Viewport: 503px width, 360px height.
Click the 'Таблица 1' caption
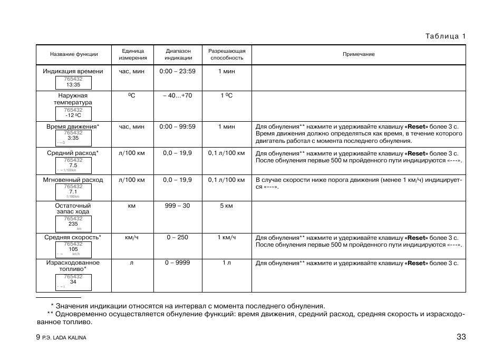[446, 36]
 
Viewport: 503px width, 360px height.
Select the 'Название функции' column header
[74, 54]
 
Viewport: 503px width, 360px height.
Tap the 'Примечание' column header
[359, 54]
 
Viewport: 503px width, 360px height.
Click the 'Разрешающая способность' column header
[227, 54]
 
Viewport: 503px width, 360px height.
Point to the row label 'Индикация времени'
[73, 71]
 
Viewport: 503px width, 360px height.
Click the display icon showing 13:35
[73, 83]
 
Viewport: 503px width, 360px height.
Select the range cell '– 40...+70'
[177, 96]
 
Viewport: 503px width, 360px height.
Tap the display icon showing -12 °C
[73, 113]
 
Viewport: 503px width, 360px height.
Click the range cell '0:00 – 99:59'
[177, 127]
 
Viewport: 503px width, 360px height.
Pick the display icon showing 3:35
[73, 138]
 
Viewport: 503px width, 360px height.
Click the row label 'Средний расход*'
[73, 153]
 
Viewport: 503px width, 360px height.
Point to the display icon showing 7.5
[73, 166]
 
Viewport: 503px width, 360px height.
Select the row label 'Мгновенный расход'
[73, 180]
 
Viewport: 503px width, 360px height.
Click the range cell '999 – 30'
[177, 206]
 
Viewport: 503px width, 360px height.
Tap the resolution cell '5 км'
[226, 206]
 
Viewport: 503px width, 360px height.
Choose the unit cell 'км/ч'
[132, 237]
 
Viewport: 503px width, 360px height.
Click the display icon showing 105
[73, 249]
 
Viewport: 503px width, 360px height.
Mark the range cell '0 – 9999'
[177, 262]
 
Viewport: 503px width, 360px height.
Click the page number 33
[461, 337]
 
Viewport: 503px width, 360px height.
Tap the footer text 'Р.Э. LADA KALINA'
[64, 338]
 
